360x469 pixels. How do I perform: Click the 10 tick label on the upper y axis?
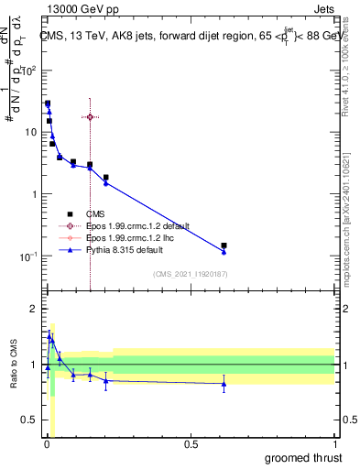(29, 132)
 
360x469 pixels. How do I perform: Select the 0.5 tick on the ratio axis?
(30, 421)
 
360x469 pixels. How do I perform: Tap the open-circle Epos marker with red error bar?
(90, 117)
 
